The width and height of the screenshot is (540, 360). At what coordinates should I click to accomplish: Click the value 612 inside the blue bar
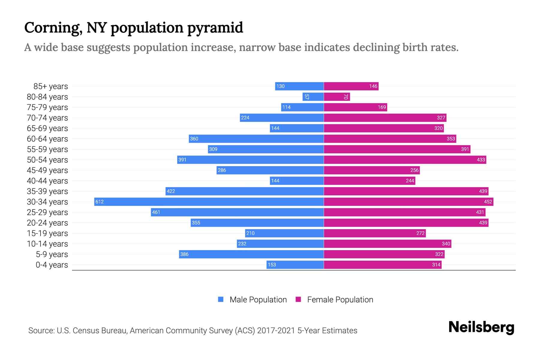tap(99, 202)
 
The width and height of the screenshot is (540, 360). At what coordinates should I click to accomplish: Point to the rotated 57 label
tap(307, 97)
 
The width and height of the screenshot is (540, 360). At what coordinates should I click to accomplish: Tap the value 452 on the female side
tap(488, 202)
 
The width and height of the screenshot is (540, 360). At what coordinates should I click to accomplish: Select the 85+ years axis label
tap(50, 86)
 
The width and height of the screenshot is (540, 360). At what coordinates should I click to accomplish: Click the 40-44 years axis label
tap(47, 181)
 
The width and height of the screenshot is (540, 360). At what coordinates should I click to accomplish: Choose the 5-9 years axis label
tap(52, 254)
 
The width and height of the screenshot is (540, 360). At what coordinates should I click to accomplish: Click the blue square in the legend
tap(221, 299)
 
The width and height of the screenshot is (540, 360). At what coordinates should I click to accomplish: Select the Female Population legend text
tap(340, 300)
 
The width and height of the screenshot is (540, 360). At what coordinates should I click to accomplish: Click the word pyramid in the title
tap(215, 28)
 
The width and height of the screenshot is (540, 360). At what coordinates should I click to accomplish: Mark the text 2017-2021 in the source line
tap(276, 331)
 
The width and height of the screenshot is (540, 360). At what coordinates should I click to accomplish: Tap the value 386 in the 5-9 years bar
tap(184, 254)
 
